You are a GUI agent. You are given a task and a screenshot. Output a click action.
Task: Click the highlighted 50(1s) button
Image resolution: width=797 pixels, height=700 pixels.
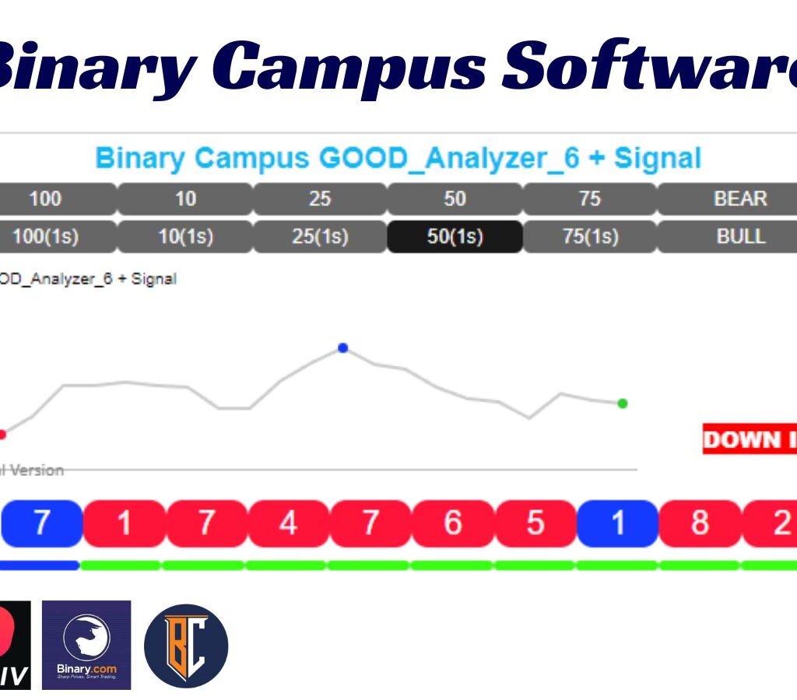click(455, 236)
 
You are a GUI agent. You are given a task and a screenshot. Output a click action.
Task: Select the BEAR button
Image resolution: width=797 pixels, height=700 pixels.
click(739, 199)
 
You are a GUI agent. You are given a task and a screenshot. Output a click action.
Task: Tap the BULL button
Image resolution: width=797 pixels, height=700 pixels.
click(739, 236)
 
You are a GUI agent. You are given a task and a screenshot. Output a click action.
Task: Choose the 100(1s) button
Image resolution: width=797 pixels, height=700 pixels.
click(45, 236)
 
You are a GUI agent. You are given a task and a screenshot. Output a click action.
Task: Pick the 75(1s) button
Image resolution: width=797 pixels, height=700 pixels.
click(590, 236)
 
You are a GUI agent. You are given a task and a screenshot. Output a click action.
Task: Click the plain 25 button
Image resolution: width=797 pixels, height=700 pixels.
click(320, 199)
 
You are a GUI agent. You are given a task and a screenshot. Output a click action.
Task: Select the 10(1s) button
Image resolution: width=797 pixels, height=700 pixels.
click(185, 236)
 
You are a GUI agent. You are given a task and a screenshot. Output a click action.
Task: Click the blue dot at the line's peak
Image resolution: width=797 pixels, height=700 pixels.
click(342, 348)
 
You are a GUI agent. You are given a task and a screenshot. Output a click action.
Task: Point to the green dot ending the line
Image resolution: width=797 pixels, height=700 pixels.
click(622, 403)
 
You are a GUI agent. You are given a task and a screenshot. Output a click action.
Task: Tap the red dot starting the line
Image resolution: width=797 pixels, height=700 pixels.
click(2, 434)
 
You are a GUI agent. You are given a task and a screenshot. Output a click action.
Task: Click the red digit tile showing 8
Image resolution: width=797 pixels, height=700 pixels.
click(700, 523)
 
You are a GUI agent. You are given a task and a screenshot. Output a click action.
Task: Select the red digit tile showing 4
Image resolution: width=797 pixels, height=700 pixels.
click(288, 523)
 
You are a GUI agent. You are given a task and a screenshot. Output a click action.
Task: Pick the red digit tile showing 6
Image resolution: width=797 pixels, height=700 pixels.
click(453, 523)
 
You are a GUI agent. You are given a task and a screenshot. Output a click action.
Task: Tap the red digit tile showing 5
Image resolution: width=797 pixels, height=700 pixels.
click(535, 523)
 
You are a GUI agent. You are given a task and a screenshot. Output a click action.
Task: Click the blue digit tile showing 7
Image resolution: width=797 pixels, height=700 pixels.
click(40, 523)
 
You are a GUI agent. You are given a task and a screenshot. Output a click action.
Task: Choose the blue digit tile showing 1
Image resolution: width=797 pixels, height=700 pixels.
click(618, 523)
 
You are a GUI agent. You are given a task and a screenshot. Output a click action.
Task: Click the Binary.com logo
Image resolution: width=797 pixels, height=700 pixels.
click(86, 645)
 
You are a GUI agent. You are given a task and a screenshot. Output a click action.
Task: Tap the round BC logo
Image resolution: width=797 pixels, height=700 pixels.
click(186, 646)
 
